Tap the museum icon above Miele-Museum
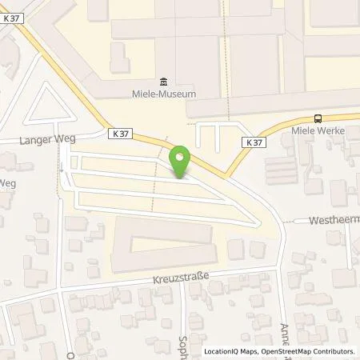(x=164, y=81)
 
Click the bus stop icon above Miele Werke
(x=318, y=118)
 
